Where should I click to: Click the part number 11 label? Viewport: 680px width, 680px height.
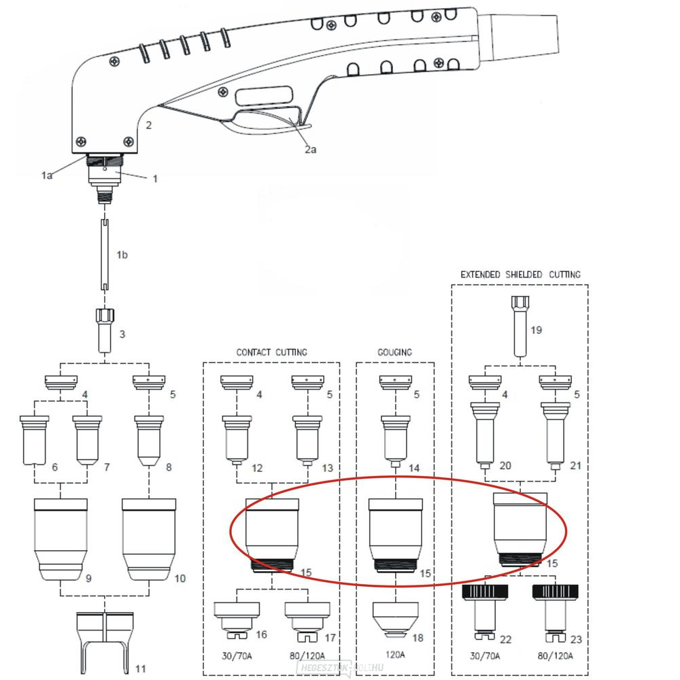pos(140,668)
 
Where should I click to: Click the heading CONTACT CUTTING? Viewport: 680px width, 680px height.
pos(271,352)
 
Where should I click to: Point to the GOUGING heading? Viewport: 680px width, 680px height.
pos(395,352)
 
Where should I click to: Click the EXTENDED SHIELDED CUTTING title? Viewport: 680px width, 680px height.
pos(520,274)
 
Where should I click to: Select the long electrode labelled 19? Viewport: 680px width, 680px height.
pos(520,326)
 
